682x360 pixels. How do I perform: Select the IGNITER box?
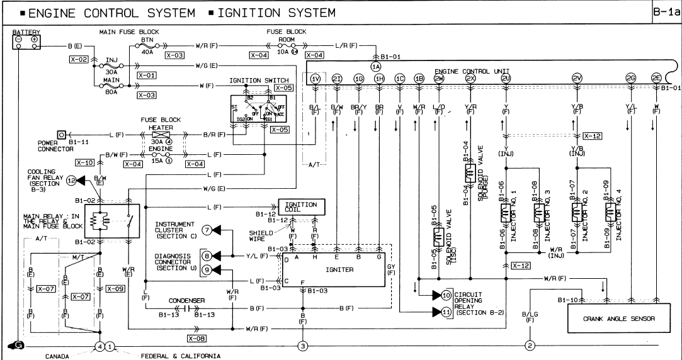click(332, 269)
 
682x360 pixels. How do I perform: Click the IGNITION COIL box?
click(301, 206)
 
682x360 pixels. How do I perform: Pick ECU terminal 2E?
click(656, 78)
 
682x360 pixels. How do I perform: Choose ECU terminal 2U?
click(506, 78)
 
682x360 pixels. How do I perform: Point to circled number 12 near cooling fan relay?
click(71, 181)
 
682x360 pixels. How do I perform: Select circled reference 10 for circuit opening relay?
click(446, 295)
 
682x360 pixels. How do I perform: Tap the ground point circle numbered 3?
click(302, 346)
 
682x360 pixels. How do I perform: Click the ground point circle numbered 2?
click(530, 346)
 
